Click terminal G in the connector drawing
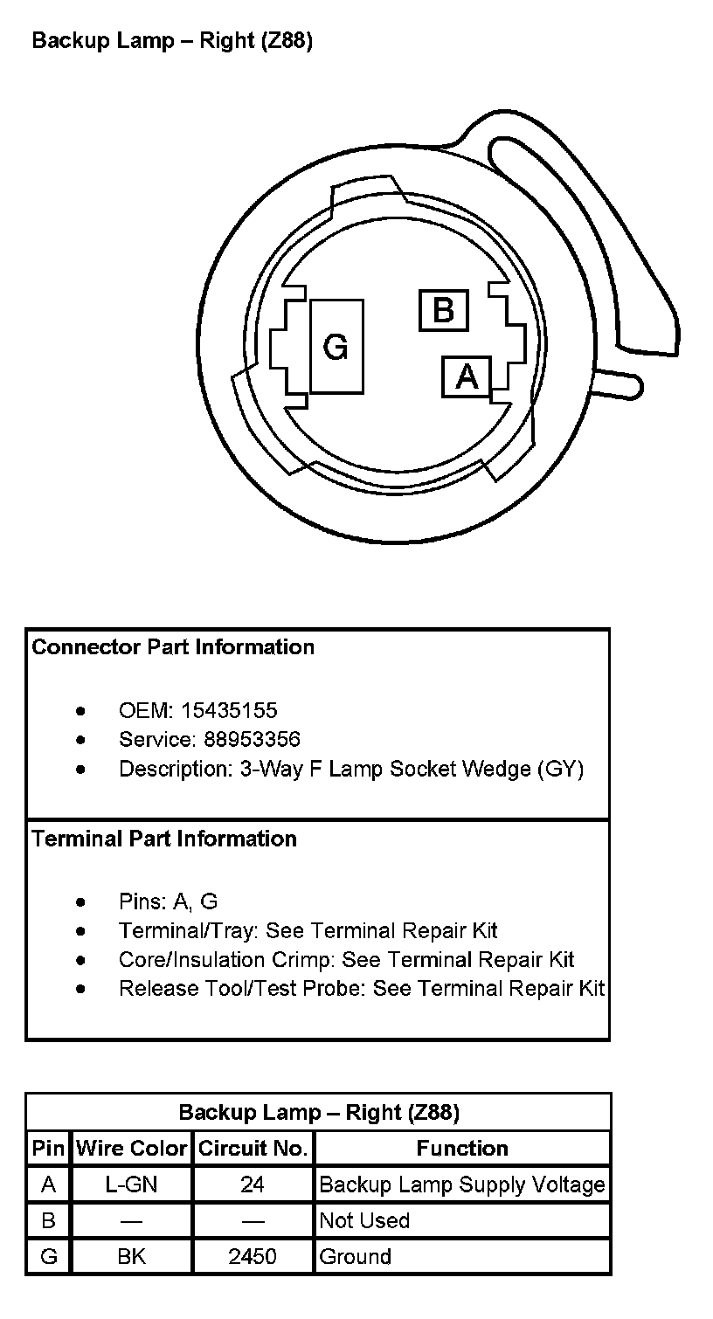(x=336, y=347)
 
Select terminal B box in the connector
(x=443, y=310)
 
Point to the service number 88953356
(x=252, y=740)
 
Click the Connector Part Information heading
(x=173, y=647)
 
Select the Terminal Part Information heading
(x=164, y=839)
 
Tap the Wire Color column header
(x=132, y=1148)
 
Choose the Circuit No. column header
(x=253, y=1148)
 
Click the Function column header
(x=462, y=1148)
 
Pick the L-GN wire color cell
(x=132, y=1184)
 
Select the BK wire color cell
(x=132, y=1256)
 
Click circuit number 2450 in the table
(x=253, y=1256)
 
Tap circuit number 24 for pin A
(x=253, y=1184)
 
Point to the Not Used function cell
(x=364, y=1220)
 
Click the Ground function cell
(x=356, y=1256)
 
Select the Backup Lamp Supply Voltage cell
(x=462, y=1184)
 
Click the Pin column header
(x=49, y=1148)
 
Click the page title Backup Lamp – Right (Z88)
(x=172, y=41)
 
